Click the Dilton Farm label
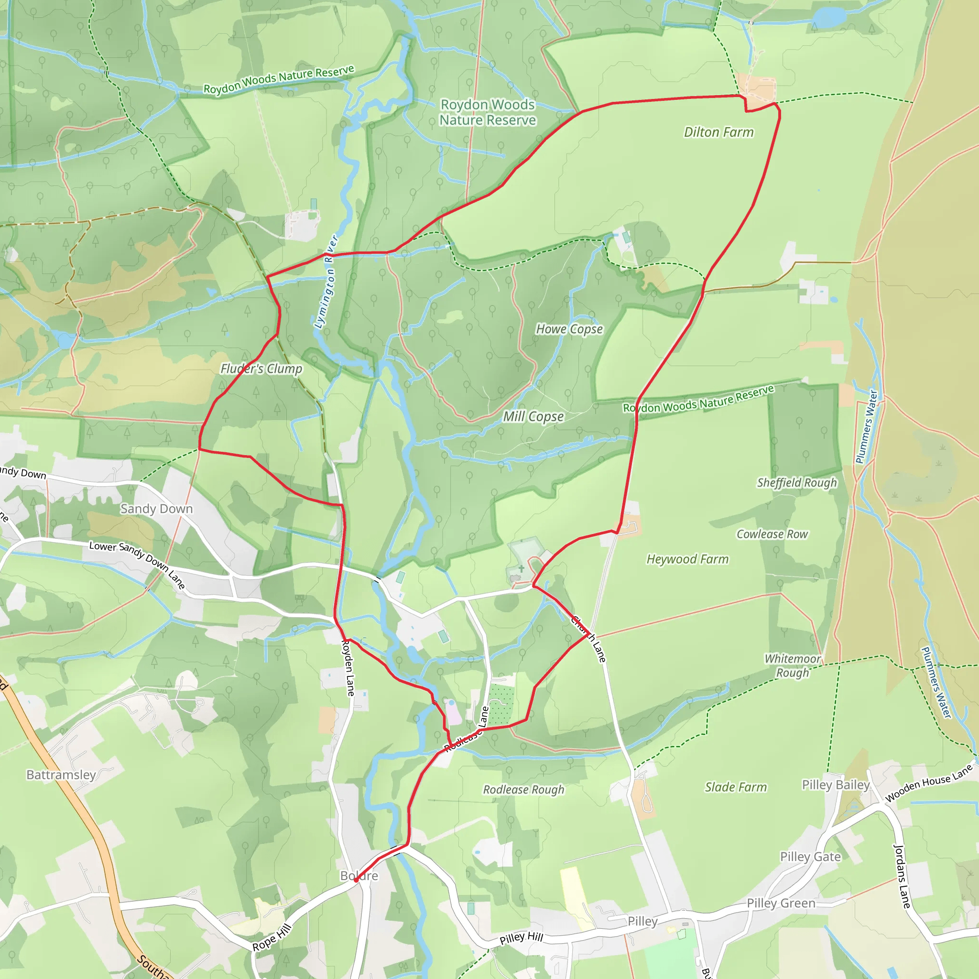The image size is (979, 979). click(718, 132)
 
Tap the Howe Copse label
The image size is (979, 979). click(569, 329)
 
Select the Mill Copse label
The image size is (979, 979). click(533, 416)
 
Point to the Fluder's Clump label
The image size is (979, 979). click(261, 369)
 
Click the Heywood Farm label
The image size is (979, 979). click(687, 559)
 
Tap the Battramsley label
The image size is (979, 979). click(61, 775)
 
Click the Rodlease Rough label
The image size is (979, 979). click(523, 790)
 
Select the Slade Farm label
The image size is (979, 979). click(736, 787)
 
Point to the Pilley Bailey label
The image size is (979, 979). click(836, 785)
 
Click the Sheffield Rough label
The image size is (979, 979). click(796, 483)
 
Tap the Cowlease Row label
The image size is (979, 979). click(772, 534)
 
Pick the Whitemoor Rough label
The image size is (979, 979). click(793, 666)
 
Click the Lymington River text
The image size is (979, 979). click(326, 282)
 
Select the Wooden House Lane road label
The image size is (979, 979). click(929, 783)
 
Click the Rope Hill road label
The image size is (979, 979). click(272, 937)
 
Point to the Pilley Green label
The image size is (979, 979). click(781, 903)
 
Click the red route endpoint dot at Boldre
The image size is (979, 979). click(356, 880)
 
